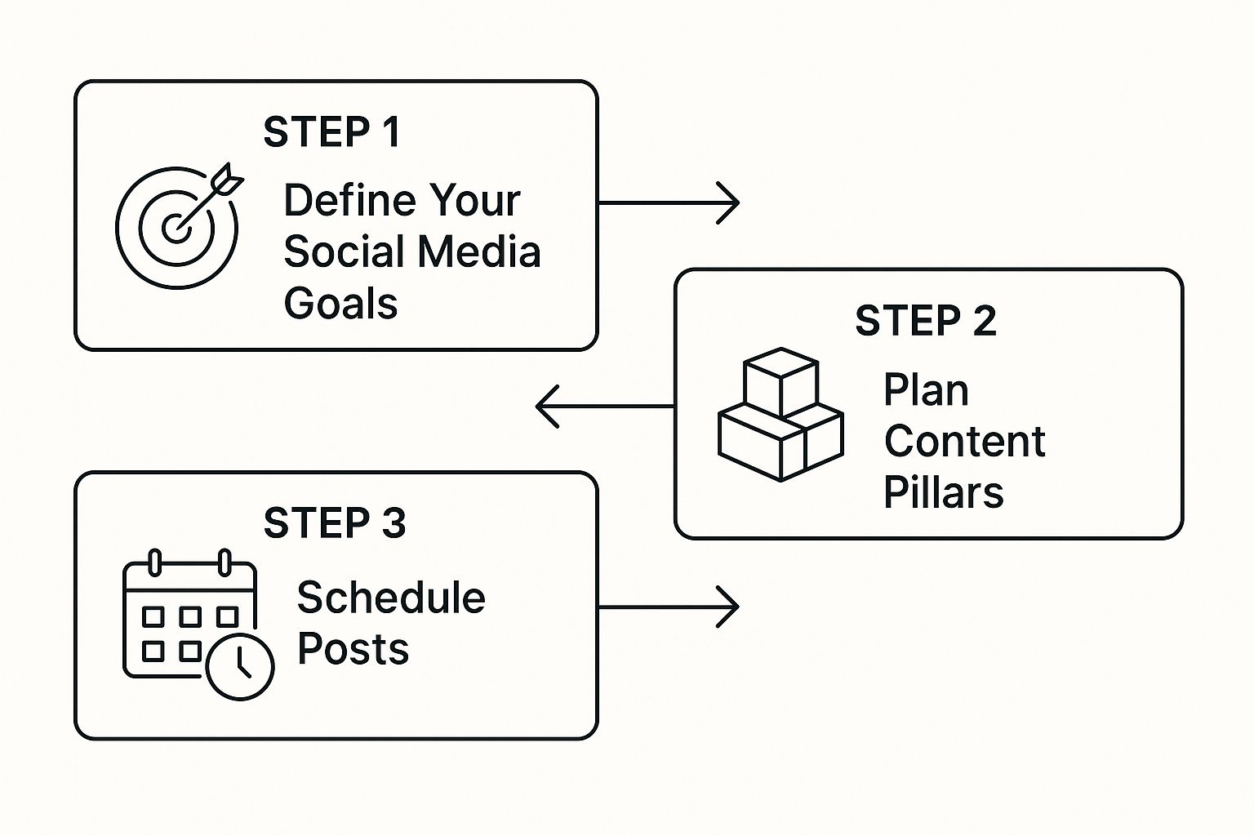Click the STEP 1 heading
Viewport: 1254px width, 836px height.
tap(331, 132)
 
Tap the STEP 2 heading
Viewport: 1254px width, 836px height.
tap(925, 321)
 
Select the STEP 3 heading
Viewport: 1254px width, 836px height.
tap(334, 523)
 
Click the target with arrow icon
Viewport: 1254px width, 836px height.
tap(179, 225)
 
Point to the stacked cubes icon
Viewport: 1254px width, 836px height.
tap(780, 415)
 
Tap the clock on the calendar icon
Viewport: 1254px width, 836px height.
tap(240, 665)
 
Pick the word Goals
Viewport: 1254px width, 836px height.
tap(340, 304)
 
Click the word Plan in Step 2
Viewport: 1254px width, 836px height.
tap(926, 390)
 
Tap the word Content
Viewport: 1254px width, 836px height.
tap(964, 442)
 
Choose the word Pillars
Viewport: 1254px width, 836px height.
tap(943, 493)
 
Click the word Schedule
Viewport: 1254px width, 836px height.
tap(390, 598)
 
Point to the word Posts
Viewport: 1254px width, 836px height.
tap(353, 649)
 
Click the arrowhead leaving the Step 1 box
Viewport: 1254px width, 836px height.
tap(729, 202)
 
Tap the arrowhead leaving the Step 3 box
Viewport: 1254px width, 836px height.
tap(729, 607)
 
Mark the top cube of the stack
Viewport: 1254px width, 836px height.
tap(780, 379)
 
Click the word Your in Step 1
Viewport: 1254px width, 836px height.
tap(474, 201)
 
